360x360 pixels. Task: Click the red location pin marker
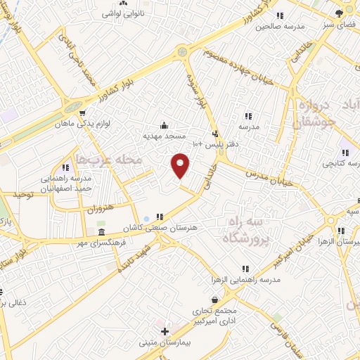pos(181,165)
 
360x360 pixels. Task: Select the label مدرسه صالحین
pos(278,27)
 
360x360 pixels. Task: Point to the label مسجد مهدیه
pos(164,135)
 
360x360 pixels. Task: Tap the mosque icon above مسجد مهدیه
pos(164,125)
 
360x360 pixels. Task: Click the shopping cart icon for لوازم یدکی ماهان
pos(82,112)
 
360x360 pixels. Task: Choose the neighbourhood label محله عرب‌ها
pos(110,160)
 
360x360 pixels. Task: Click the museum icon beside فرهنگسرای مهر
pos(102,233)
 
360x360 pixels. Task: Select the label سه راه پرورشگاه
pos(245,230)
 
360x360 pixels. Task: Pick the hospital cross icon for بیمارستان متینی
pos(165,331)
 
